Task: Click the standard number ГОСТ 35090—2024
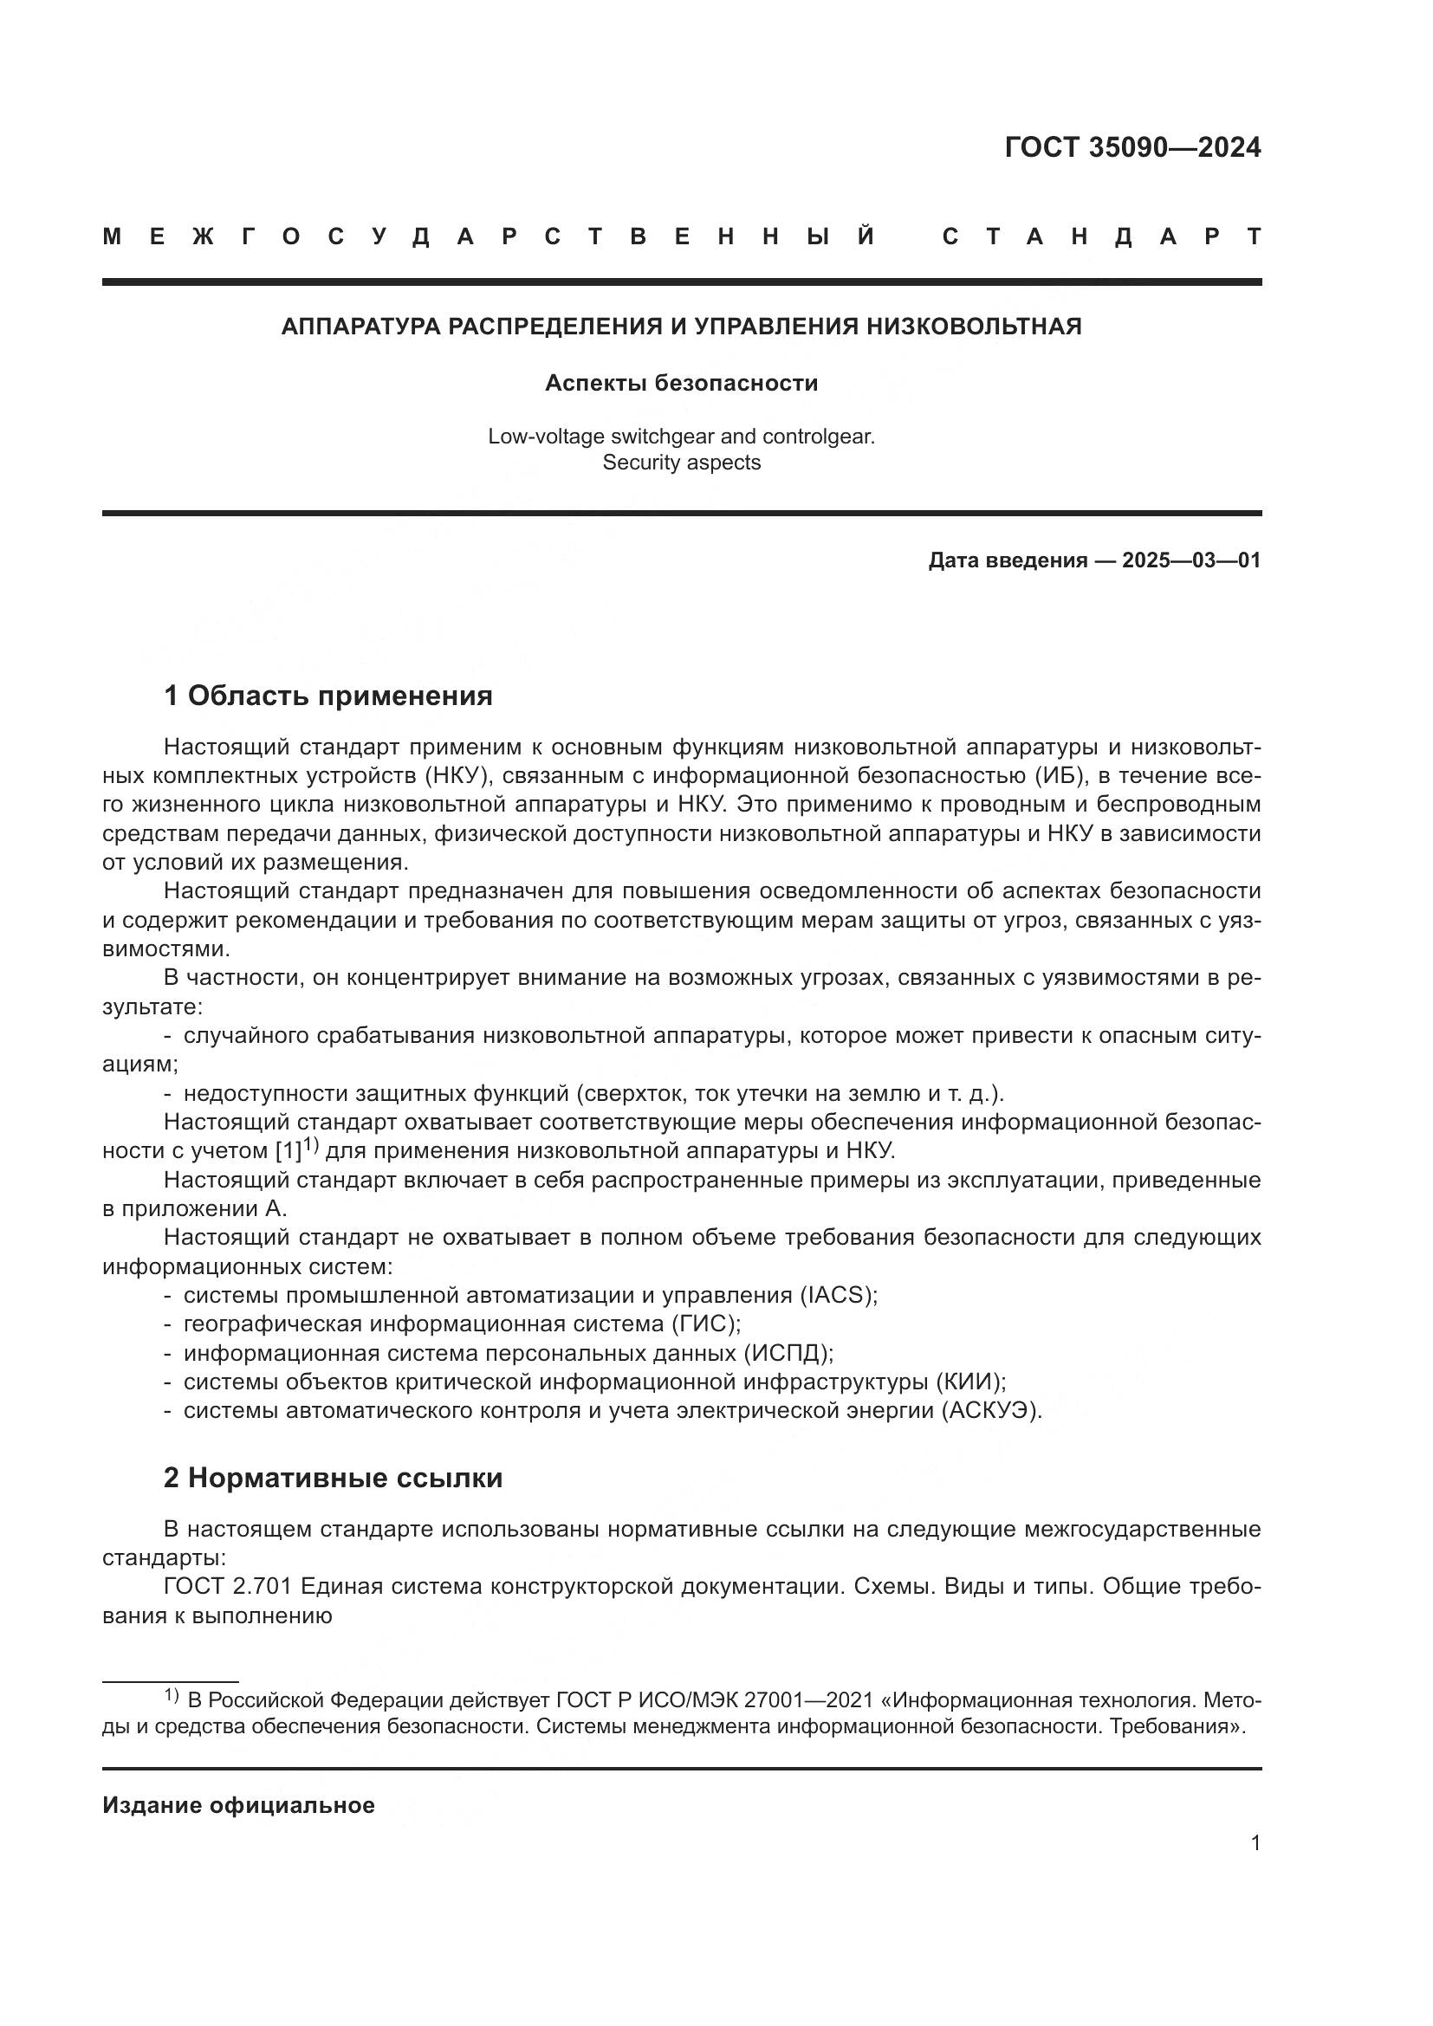coord(1132,147)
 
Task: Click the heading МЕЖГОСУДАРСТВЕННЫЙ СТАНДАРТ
coord(681,236)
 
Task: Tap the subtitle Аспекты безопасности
coord(681,383)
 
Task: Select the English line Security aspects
coord(681,463)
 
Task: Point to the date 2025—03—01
coord(1190,560)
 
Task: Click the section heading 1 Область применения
coord(327,696)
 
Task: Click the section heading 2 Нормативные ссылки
coord(333,1477)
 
